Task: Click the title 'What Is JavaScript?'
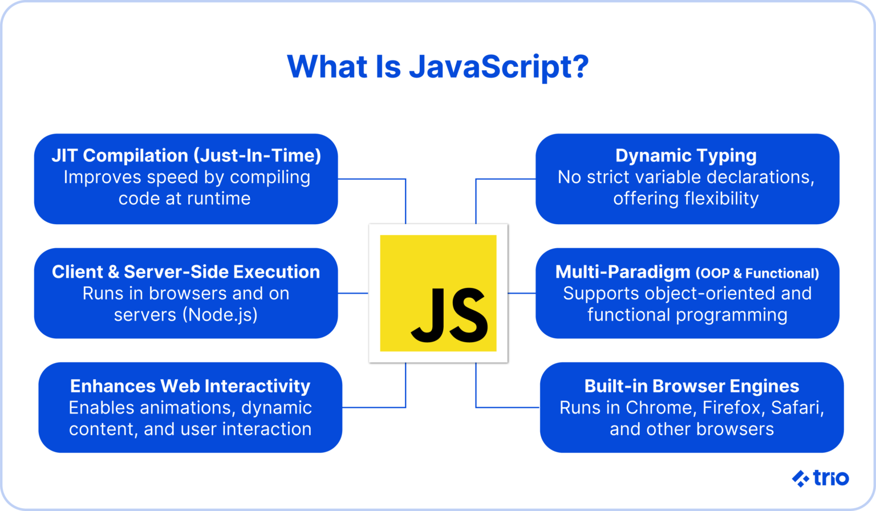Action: (438, 67)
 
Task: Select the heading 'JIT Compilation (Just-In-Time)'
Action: (186, 156)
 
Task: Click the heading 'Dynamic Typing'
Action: (686, 156)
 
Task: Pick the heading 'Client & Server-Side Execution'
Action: (186, 272)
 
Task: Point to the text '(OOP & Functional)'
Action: (757, 274)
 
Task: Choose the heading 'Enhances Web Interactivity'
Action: (190, 386)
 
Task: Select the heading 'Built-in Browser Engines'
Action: (691, 386)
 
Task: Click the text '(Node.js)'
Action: (220, 315)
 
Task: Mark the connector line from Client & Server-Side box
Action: (353, 293)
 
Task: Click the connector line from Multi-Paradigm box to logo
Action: (521, 293)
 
